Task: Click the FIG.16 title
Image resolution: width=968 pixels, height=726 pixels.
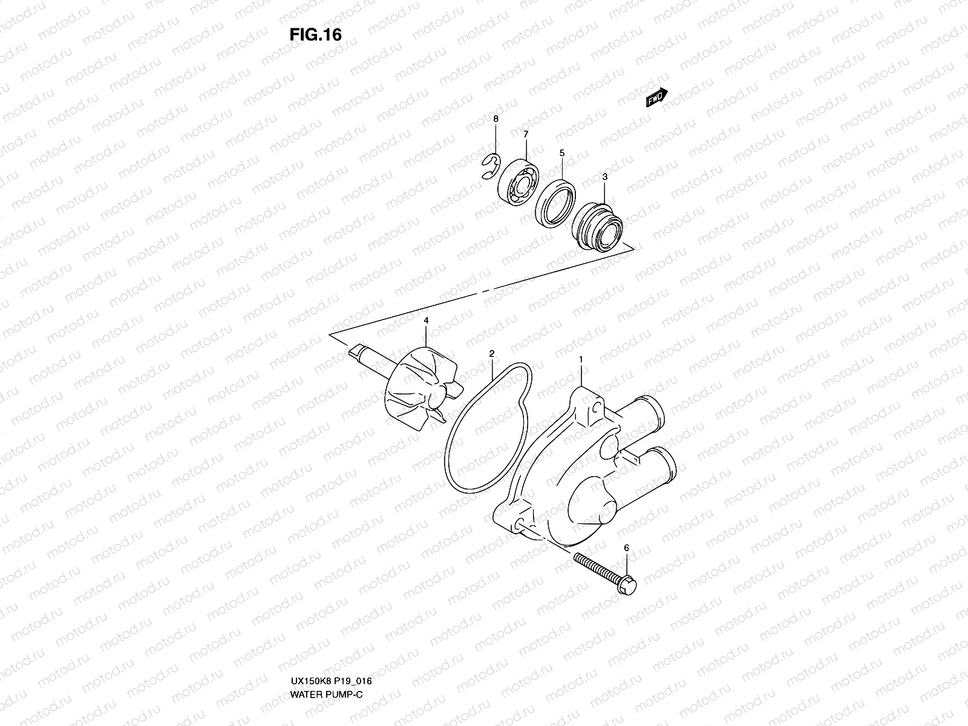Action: click(x=315, y=35)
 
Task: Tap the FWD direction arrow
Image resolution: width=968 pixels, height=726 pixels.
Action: click(x=656, y=97)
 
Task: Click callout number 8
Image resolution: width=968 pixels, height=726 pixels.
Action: click(x=496, y=119)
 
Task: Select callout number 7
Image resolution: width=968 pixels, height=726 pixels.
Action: click(x=526, y=134)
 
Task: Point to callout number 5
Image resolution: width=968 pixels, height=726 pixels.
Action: click(x=562, y=154)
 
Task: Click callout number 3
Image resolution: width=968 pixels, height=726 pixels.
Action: click(x=604, y=177)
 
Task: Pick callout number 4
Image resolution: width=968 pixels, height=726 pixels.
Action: click(x=426, y=320)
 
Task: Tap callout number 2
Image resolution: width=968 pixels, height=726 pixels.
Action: click(x=492, y=353)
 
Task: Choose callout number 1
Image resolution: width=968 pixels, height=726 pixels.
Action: click(x=581, y=359)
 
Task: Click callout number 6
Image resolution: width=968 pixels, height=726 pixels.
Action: click(x=627, y=548)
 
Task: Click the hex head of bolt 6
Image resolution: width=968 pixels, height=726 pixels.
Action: click(x=627, y=585)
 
